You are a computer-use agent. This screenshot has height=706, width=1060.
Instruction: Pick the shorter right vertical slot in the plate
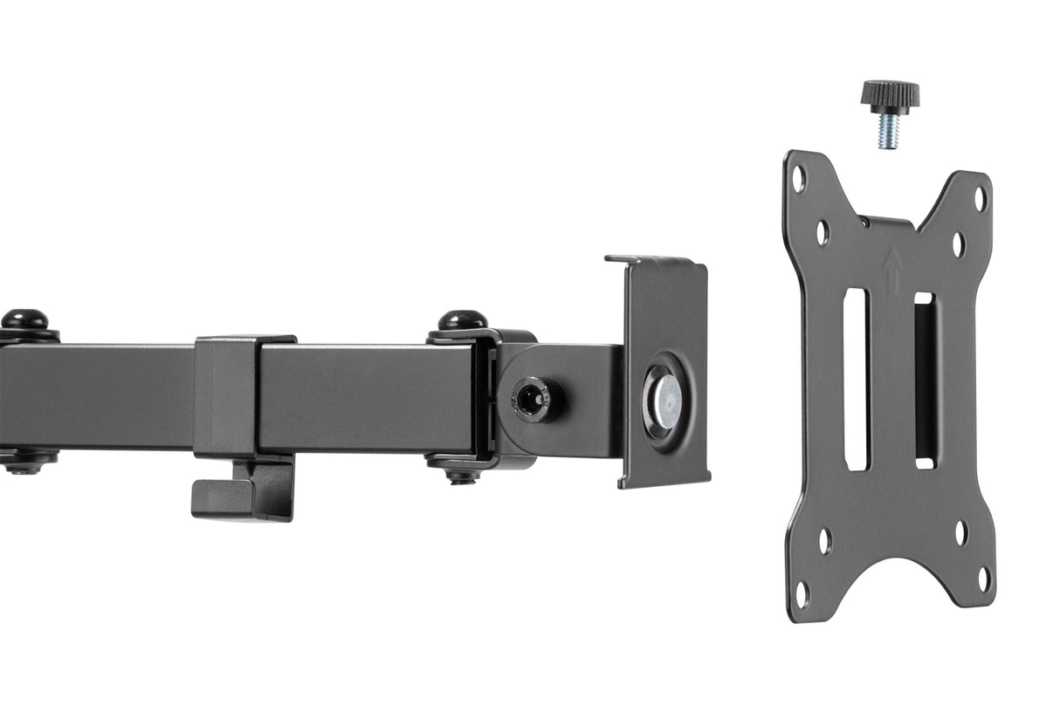[x=925, y=380]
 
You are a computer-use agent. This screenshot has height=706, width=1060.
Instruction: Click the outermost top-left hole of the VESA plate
[x=798, y=178]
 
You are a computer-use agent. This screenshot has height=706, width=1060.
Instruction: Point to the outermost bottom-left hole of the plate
[x=802, y=593]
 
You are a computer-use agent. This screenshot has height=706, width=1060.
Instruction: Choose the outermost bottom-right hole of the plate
[x=984, y=579]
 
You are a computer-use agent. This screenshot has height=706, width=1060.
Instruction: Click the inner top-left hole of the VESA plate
[x=822, y=232]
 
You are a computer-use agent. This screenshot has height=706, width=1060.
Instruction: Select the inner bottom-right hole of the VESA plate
[x=960, y=532]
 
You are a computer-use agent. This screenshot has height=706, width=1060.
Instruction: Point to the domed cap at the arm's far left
[x=24, y=319]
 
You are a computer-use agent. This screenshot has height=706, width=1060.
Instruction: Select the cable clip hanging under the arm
[x=243, y=491]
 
